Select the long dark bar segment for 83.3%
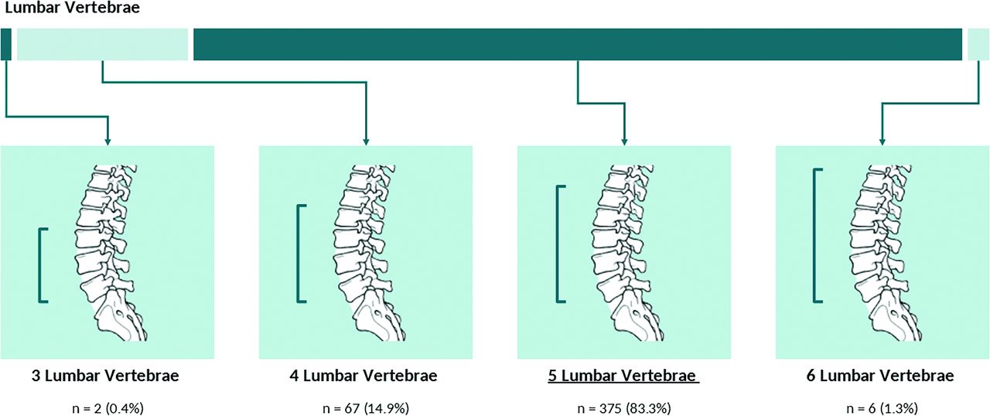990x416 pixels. pos(577,44)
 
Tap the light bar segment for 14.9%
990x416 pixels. pos(102,44)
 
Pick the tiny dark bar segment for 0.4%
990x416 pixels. pos(6,44)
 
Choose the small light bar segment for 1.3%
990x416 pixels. pos(977,44)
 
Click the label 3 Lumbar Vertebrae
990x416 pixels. pos(108,377)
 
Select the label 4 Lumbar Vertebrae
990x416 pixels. pos(366,377)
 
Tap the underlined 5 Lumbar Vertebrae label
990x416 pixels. pos(623,377)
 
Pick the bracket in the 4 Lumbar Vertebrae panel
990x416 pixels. pos(299,253)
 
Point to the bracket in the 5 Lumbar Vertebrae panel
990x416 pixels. pos(558,244)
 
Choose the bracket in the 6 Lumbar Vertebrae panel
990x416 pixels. pos(815,235)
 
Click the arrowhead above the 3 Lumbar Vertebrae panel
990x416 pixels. pos(108,142)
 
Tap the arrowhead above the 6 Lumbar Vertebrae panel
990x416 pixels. pos(882,142)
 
